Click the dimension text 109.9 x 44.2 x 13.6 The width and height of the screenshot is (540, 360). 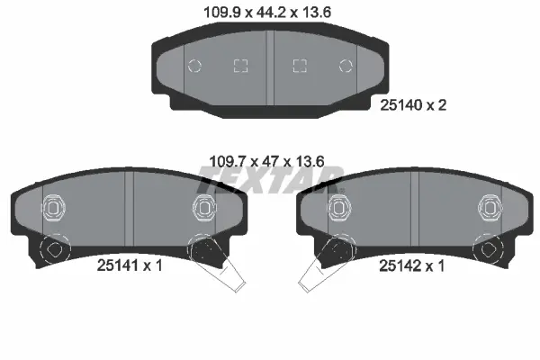click(267, 13)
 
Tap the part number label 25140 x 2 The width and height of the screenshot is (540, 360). click(413, 104)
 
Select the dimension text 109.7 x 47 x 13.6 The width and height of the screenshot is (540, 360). click(267, 161)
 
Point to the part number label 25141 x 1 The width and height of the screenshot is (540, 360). click(130, 265)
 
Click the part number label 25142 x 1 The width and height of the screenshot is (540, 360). click(411, 265)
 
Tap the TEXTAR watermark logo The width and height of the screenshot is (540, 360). click(270, 179)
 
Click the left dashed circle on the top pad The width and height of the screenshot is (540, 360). click(194, 66)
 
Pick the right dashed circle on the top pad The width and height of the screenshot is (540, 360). click(346, 66)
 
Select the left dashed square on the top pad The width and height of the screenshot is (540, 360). click(240, 66)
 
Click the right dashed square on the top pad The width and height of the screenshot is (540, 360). click(300, 66)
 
